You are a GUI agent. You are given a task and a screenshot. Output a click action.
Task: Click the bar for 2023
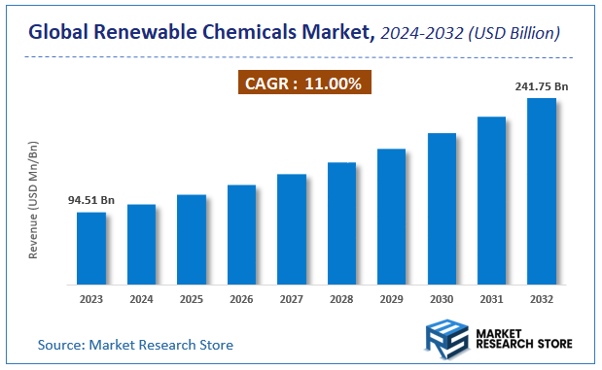point(91,249)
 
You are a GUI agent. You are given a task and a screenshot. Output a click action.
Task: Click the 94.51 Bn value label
point(91,200)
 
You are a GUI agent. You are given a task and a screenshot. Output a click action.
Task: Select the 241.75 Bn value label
point(541,86)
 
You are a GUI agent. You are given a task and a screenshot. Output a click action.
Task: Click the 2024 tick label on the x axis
point(141,298)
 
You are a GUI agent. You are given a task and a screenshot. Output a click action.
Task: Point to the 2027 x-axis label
point(291,298)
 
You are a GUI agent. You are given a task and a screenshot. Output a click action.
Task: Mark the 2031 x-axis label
point(491,298)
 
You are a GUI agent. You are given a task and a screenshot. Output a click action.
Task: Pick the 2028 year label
point(341,298)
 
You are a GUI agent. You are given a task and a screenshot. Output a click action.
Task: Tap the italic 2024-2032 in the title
point(422,33)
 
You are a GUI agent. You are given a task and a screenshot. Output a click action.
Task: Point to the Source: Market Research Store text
point(135,345)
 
